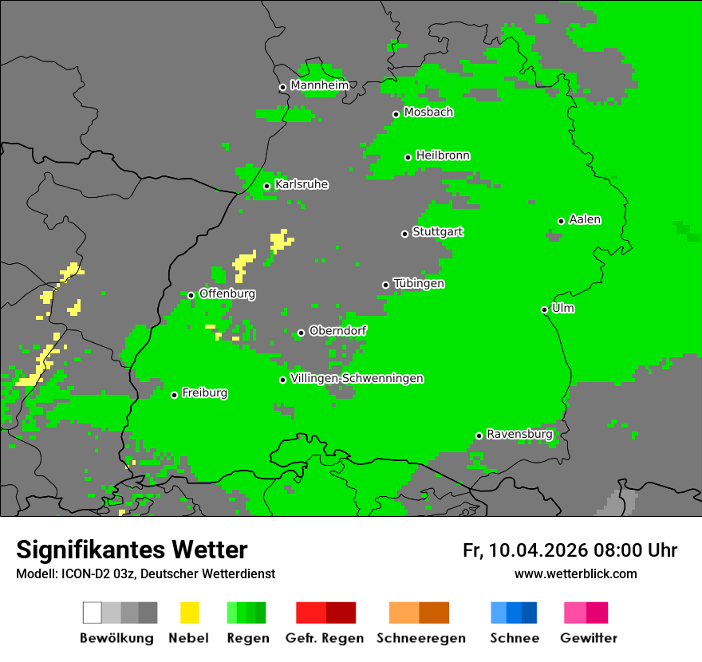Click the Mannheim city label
point(319,85)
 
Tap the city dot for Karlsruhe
point(267,187)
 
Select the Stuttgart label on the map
point(437,232)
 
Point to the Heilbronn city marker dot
point(408,157)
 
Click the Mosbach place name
point(428,112)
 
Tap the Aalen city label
point(585,219)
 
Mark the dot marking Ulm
point(545,309)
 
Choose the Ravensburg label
point(519,434)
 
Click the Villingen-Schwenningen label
point(357,378)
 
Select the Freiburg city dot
point(174,395)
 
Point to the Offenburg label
point(227,294)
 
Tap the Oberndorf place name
point(337,330)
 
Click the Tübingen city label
point(419,283)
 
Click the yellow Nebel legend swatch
point(189,613)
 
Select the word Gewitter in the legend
point(589,638)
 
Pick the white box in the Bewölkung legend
point(93,613)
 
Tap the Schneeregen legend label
point(421,638)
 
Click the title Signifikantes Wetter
point(132,550)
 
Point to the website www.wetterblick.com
point(576,573)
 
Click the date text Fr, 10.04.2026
point(525,550)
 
